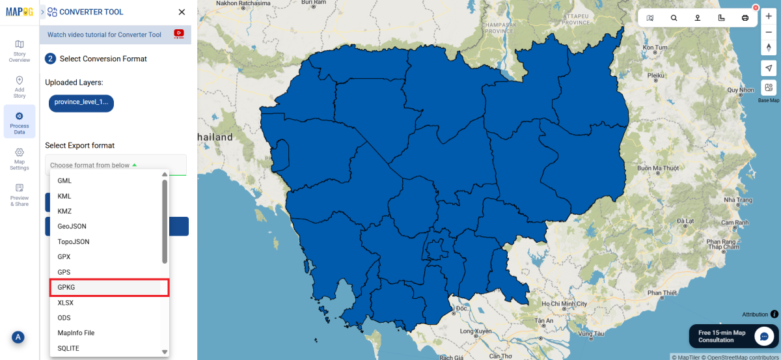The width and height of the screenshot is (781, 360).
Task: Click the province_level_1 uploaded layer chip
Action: click(x=81, y=103)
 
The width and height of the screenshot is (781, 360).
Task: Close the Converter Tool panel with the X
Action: click(x=182, y=12)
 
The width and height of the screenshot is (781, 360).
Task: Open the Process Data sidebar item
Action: click(x=20, y=122)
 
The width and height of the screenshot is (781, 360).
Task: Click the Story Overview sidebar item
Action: click(x=20, y=51)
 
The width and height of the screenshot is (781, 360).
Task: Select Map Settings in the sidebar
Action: click(x=20, y=158)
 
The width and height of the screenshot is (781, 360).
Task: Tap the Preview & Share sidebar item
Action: click(x=20, y=194)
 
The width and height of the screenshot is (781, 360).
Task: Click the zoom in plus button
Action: click(x=769, y=17)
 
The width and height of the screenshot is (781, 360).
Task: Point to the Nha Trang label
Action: click(x=720, y=199)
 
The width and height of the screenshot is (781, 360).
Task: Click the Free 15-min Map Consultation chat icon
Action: click(x=763, y=336)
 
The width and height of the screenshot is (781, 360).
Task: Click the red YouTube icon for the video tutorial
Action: click(x=178, y=34)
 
